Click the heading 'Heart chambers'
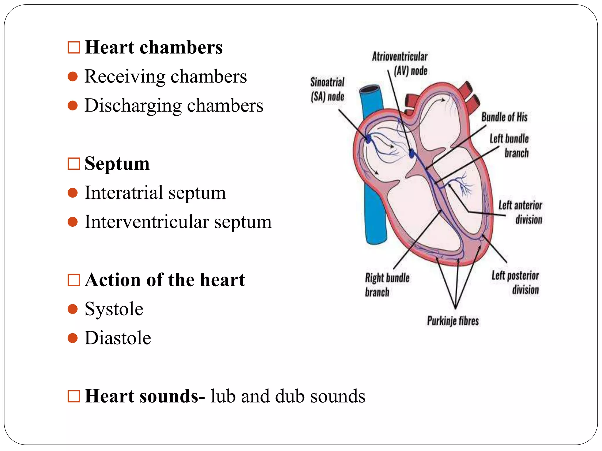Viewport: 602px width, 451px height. [153, 47]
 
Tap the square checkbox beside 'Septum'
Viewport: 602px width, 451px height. [73, 164]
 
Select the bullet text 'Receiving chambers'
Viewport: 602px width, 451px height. [165, 76]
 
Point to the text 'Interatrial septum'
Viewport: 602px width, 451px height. [155, 193]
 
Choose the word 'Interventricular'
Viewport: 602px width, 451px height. [147, 222]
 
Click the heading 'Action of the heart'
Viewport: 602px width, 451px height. [165, 280]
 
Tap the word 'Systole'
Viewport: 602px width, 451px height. [114, 309]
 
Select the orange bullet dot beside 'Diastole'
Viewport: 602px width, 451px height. [73, 338]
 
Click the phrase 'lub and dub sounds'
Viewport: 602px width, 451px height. [288, 396]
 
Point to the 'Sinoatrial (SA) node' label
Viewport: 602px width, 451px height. [327, 89]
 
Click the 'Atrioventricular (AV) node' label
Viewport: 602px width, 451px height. [400, 63]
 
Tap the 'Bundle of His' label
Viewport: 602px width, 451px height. [504, 117]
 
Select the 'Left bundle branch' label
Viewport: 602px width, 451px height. [509, 146]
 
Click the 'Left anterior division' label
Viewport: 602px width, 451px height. [521, 212]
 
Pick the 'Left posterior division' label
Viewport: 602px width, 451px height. [515, 282]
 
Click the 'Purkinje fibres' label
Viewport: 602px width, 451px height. [453, 321]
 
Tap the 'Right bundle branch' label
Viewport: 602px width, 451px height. [387, 285]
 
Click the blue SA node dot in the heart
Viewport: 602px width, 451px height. [368, 139]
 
